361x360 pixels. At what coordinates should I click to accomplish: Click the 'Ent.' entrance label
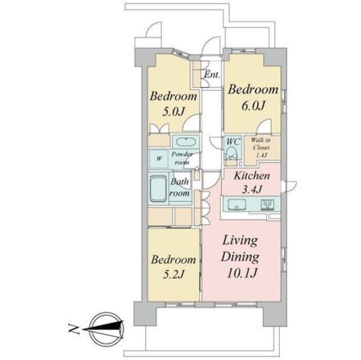coord(212,75)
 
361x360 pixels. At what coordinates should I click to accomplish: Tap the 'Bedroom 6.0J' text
coord(253,97)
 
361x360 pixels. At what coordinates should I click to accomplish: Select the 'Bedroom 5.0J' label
coord(173,103)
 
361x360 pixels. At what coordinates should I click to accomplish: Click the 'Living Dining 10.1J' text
coord(239,258)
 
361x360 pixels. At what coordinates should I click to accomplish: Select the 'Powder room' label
coord(182,158)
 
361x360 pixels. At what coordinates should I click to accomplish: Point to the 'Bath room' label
coord(180,187)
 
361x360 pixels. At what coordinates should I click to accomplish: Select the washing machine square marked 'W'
coord(159,158)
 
